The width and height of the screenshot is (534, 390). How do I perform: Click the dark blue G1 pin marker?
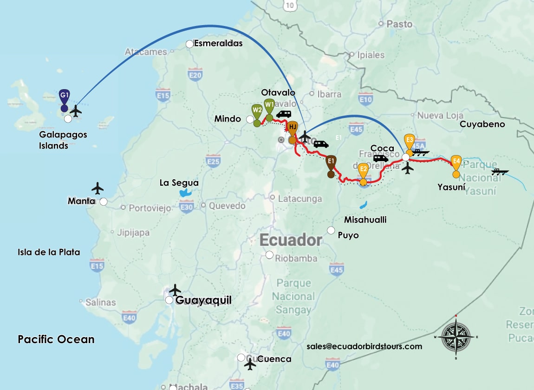point(65,96)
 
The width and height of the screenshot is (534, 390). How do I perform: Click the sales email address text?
point(364,346)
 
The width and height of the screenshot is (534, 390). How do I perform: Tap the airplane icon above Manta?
point(98,188)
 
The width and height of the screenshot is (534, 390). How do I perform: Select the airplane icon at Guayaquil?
point(175,290)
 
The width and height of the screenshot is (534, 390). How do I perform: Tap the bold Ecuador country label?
point(291,240)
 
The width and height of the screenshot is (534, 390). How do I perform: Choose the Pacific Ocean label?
point(56,339)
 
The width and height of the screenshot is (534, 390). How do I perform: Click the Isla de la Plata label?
point(49,252)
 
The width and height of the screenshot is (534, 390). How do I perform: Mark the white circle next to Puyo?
point(331,230)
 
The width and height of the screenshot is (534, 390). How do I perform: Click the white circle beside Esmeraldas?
point(189,44)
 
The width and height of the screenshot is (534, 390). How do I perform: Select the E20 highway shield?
point(195,74)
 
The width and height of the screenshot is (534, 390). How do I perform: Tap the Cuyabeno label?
point(482,124)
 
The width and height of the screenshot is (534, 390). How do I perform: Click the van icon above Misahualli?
point(381,158)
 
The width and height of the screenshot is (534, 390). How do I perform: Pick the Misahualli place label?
point(365,220)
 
